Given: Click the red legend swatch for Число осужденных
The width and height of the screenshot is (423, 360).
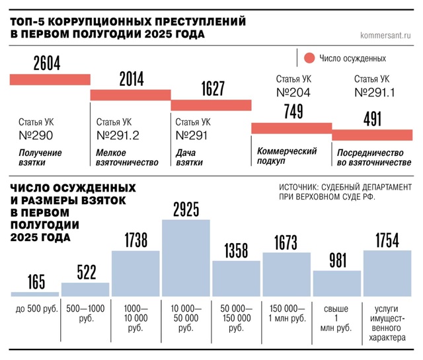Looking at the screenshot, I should pos(308,59).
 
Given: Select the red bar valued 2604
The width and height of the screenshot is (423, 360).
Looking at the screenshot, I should pos(50,80).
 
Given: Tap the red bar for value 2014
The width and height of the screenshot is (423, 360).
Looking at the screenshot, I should pos(130,94).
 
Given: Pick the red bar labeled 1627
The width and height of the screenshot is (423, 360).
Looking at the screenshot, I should pos(211,105).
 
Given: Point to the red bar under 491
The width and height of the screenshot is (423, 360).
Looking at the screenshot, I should pos(372,135).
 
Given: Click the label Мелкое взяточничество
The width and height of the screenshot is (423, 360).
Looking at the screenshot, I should pos(128,157).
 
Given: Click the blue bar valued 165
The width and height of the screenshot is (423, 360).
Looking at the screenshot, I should pos(34,293).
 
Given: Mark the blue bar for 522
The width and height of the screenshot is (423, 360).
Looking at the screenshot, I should pos(85,289).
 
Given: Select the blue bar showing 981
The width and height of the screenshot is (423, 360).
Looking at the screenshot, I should pos(337,283).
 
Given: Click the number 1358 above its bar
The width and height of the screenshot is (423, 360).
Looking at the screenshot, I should pos(236,251).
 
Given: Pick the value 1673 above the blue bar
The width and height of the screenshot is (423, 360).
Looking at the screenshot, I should pos(286,243).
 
